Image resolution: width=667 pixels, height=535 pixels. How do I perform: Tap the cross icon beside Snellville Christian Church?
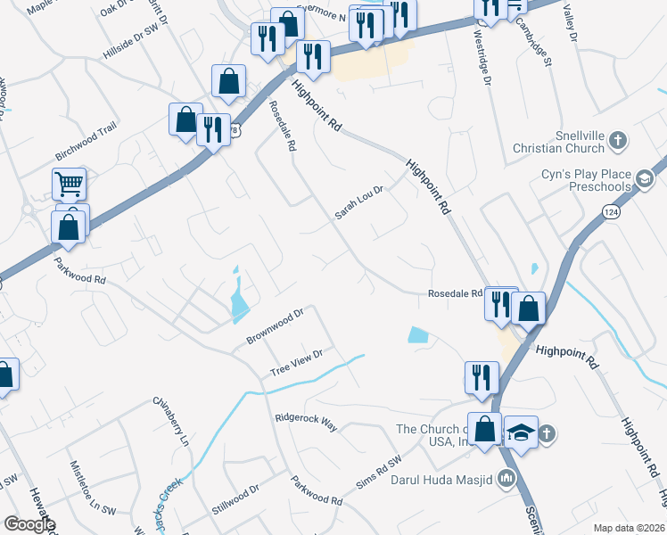(621, 141)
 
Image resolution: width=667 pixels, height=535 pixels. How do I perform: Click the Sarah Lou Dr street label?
(358, 202)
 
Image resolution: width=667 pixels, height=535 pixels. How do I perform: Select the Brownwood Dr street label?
(276, 327)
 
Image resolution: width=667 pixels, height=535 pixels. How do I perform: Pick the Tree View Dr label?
(296, 363)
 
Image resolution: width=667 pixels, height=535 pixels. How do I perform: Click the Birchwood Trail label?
(86, 137)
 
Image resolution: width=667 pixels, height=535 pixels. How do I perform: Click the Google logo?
(29, 524)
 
